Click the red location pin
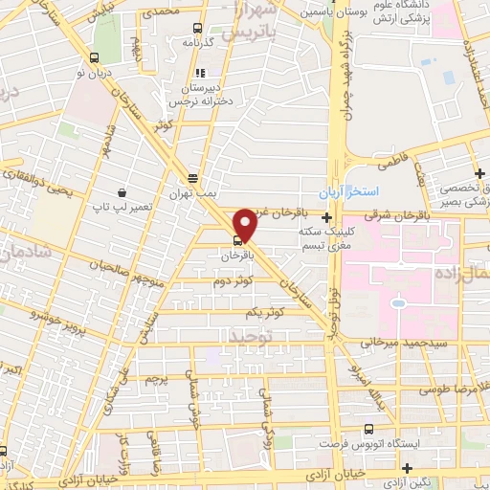245,224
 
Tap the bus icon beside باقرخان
238,241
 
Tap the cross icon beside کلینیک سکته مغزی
327,217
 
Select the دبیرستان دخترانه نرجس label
196,93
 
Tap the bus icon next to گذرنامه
197,29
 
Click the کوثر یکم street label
265,314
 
